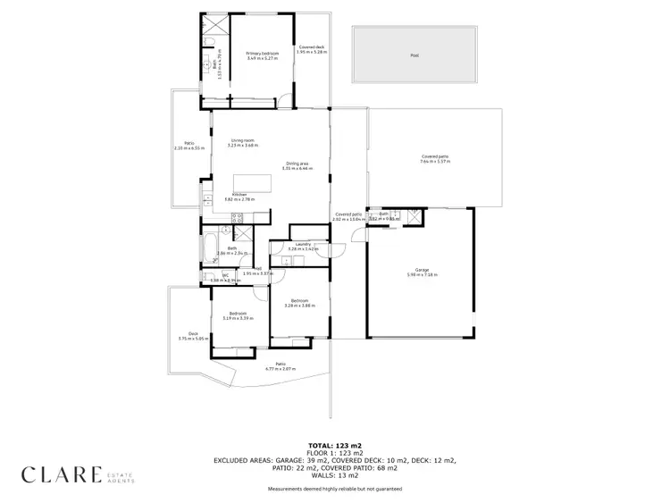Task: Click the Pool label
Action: (x=414, y=55)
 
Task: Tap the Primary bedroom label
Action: (x=263, y=54)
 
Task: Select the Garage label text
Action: (x=422, y=269)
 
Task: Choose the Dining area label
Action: (x=297, y=163)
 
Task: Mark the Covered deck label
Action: (x=312, y=46)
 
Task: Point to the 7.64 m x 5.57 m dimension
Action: (x=436, y=162)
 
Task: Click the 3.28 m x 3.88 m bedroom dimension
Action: (x=297, y=306)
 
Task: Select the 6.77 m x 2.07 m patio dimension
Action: (x=281, y=368)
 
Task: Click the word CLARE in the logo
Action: (x=62, y=474)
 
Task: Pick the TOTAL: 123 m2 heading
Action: (x=334, y=444)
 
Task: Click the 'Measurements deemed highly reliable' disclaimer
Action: (x=334, y=489)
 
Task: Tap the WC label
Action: (x=213, y=275)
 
